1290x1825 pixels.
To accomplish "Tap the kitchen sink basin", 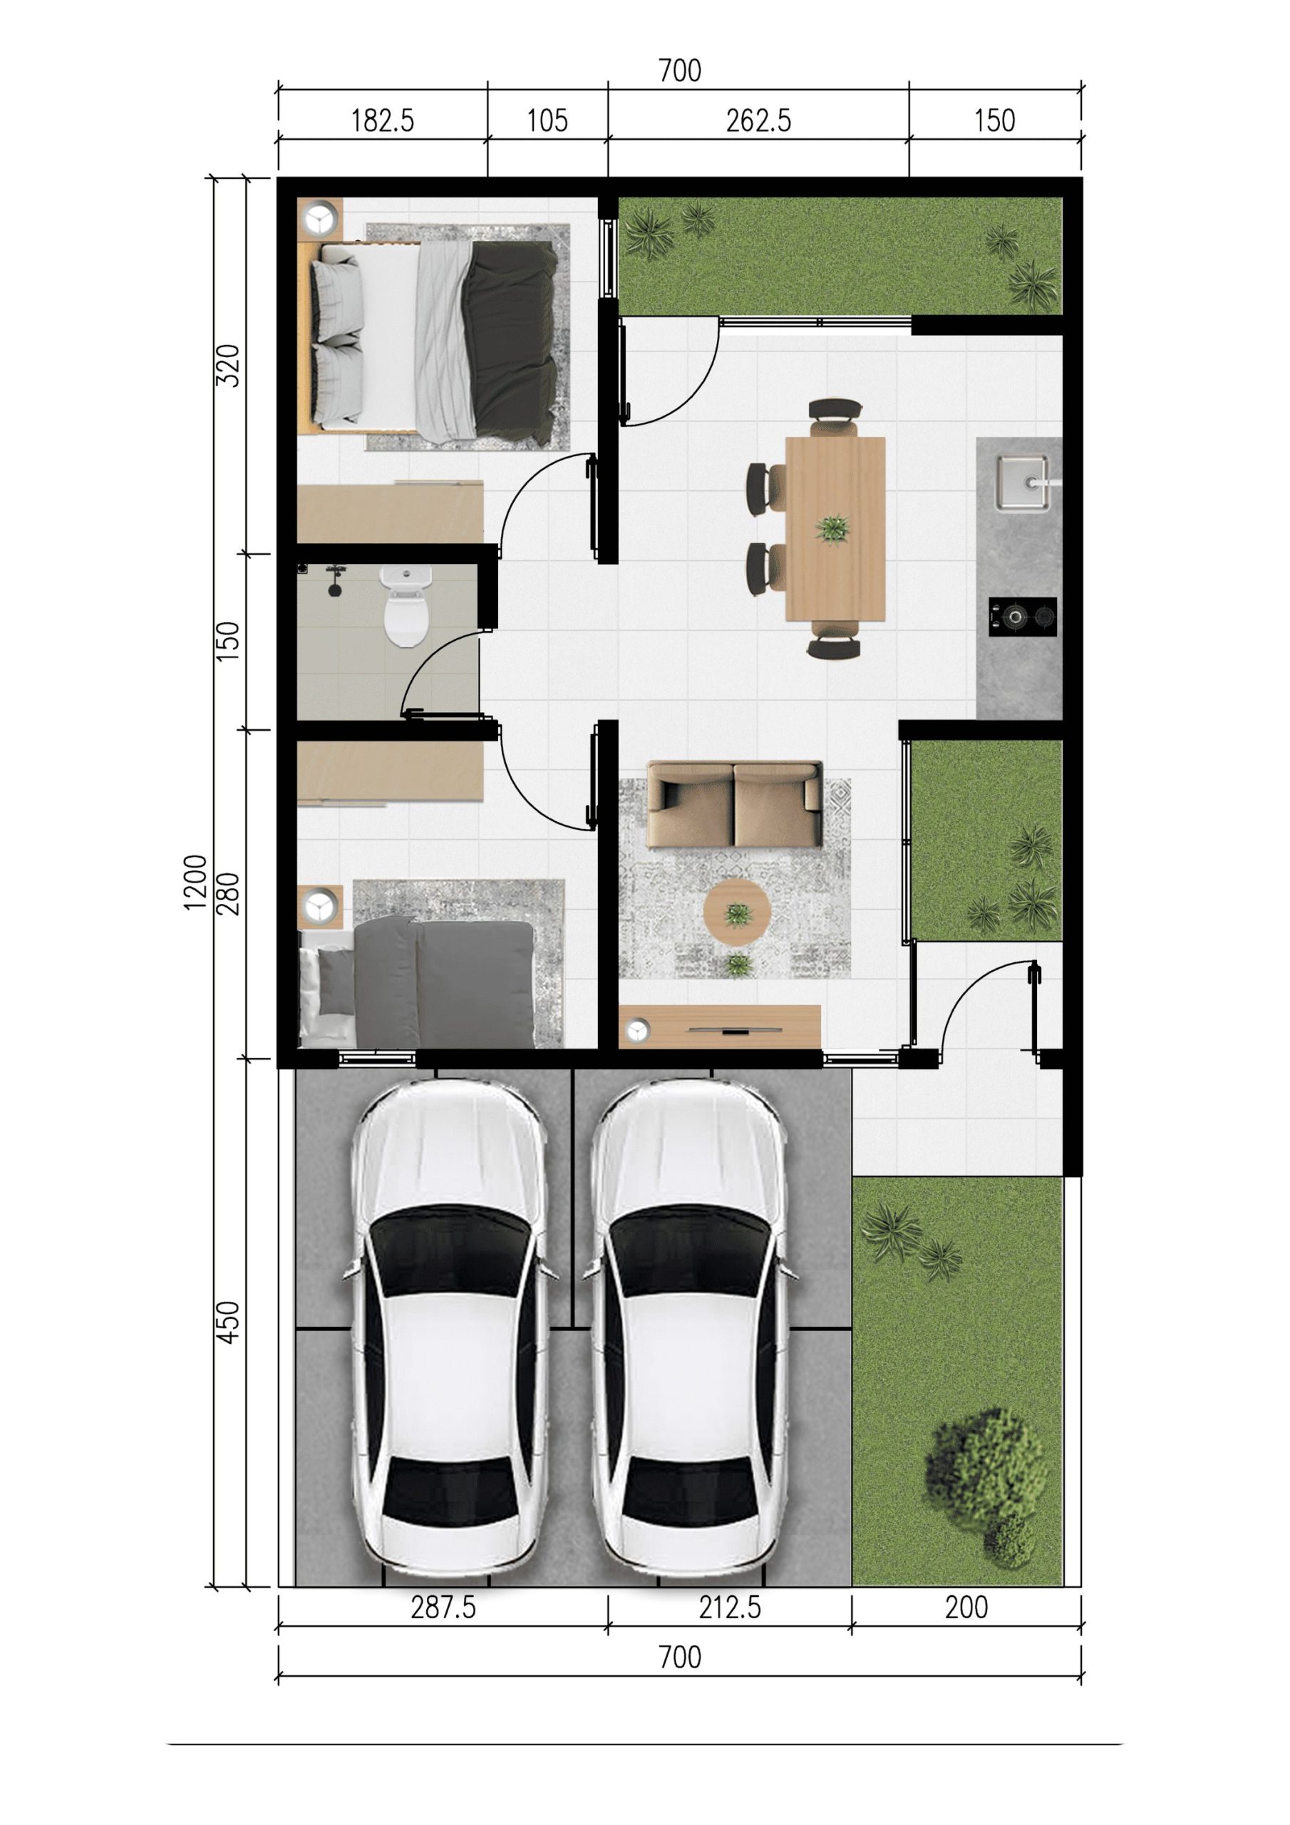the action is pyautogui.click(x=1022, y=482).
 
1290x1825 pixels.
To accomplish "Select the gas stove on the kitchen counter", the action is pyautogui.click(x=1023, y=616).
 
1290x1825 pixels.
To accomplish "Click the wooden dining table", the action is pyautogui.click(x=835, y=528).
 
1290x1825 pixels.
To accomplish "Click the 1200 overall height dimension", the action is pyautogui.click(x=195, y=883).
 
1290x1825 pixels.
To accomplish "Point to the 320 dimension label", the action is pyautogui.click(x=228, y=366).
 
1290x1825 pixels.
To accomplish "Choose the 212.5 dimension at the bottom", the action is pyautogui.click(x=730, y=1607).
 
